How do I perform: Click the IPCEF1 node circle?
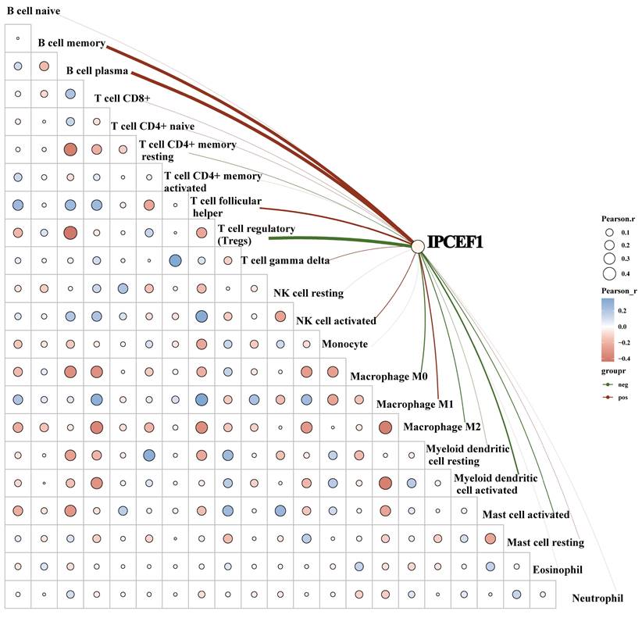click(x=418, y=245)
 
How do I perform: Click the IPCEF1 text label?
click(x=455, y=244)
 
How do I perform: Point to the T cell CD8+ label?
click(x=122, y=98)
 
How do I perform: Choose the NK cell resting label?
click(x=309, y=294)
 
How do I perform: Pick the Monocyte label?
click(x=344, y=344)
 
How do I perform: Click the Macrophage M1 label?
click(x=415, y=405)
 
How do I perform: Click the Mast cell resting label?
click(x=546, y=542)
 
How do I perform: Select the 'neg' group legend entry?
click(x=622, y=384)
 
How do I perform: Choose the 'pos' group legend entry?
click(x=622, y=398)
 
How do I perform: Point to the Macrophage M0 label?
click(x=388, y=377)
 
